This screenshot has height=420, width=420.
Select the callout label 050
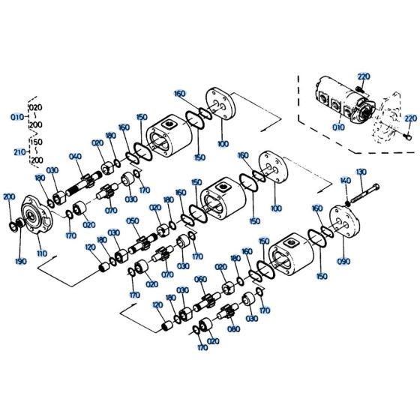click(x=132, y=220)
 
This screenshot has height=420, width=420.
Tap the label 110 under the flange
click(x=41, y=253)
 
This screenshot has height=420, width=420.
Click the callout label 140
click(x=345, y=181)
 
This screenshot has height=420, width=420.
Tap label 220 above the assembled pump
click(x=364, y=76)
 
